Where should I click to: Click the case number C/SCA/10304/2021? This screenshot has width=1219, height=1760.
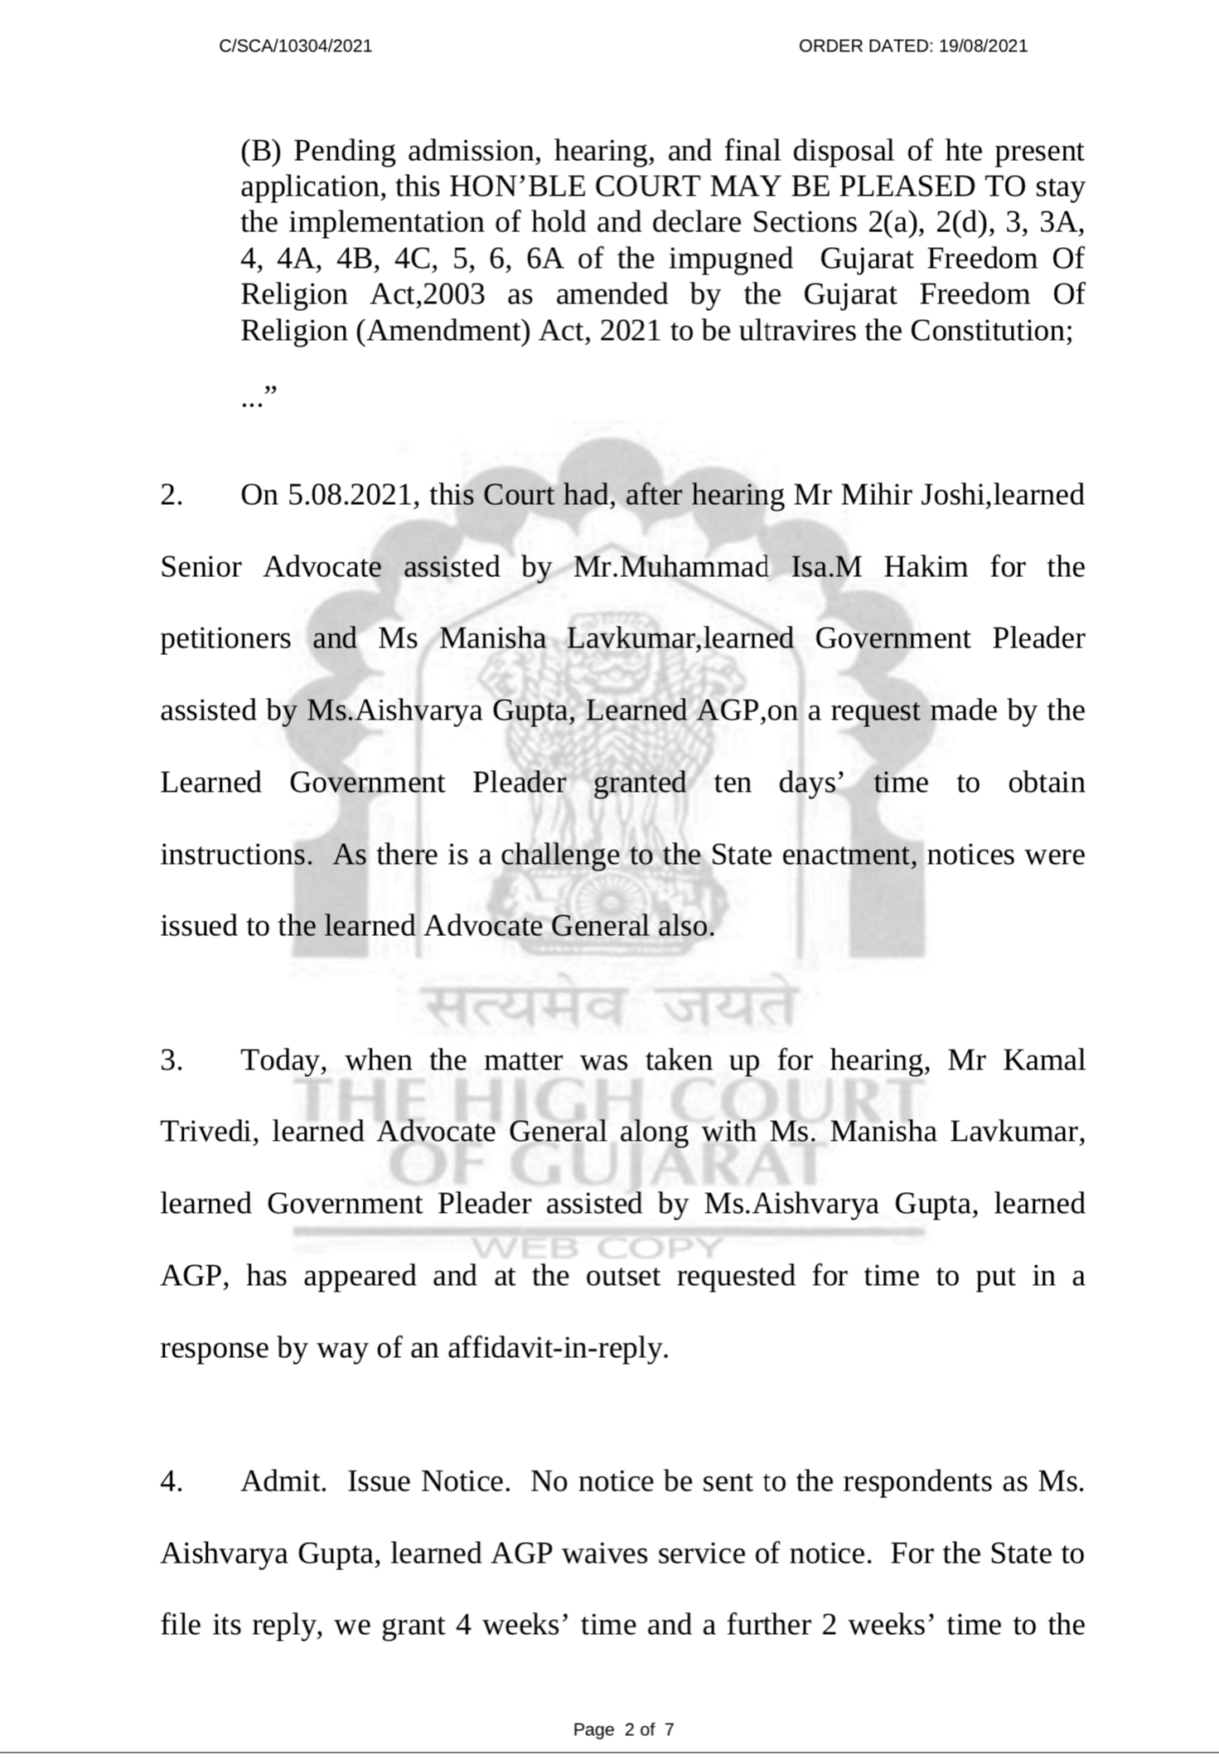[x=295, y=46]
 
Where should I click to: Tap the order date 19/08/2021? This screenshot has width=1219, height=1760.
[x=983, y=46]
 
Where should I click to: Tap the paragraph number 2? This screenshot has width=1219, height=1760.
[x=172, y=495]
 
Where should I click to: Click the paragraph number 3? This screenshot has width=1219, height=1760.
[x=172, y=1060]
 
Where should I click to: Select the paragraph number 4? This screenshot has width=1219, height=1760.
[x=172, y=1481]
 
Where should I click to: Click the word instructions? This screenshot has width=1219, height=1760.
[x=233, y=855]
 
